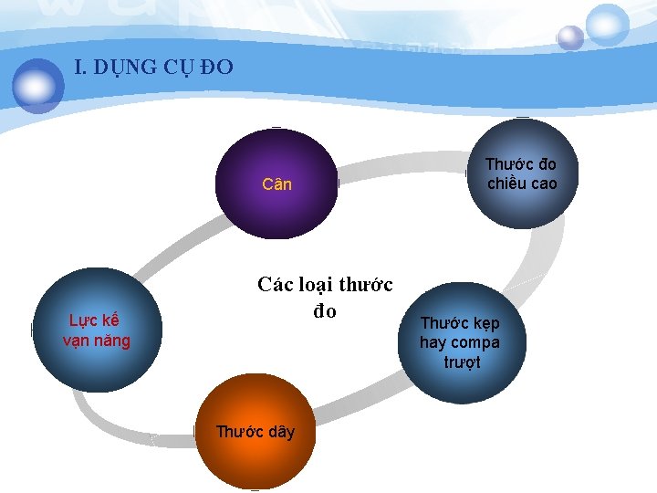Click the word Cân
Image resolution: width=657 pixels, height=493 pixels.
[x=276, y=184]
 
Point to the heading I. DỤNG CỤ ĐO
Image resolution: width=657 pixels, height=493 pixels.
[x=153, y=67]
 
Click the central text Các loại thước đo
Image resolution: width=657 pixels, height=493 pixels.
[x=325, y=298]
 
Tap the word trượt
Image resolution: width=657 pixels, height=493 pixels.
[x=462, y=362]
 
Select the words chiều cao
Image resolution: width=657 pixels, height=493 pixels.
[x=521, y=184]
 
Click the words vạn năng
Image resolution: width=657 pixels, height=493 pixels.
[x=97, y=341]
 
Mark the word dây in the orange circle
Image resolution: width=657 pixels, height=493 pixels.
[x=281, y=432]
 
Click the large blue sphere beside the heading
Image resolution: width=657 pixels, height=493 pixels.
[x=37, y=85]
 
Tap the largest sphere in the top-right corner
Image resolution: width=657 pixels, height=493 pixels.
[x=607, y=25]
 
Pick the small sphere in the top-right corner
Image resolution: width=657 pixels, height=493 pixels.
[x=570, y=37]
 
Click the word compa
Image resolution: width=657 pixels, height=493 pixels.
[x=475, y=343]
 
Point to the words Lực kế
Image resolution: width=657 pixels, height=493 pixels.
[x=95, y=320]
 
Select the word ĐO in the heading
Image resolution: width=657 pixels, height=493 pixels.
[x=218, y=67]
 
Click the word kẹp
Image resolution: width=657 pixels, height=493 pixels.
[x=485, y=323]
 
